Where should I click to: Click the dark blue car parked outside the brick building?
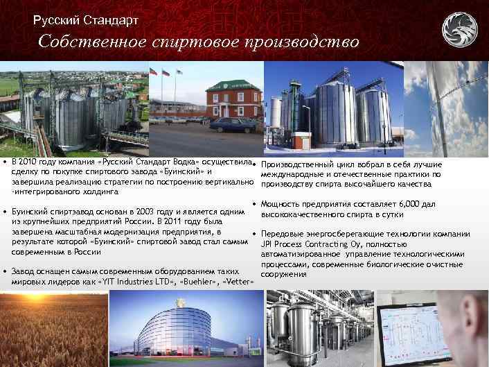[233, 124]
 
